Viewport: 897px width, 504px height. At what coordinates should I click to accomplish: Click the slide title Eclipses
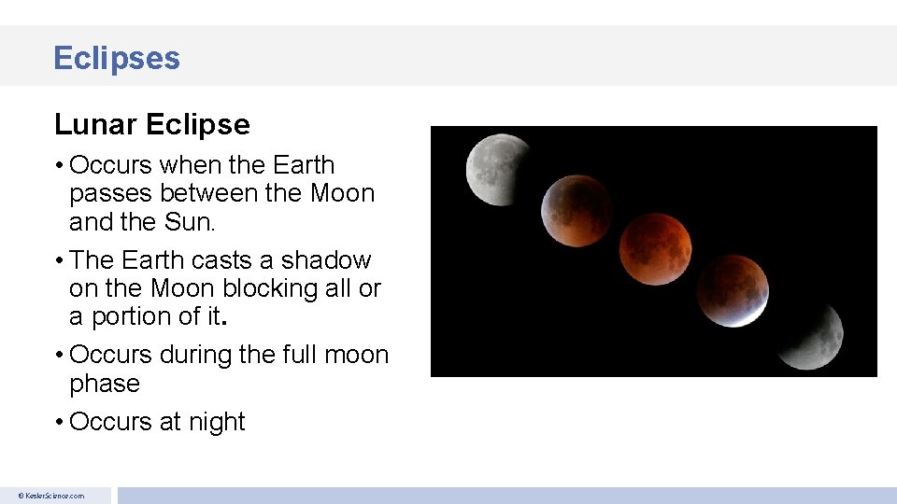[x=117, y=58]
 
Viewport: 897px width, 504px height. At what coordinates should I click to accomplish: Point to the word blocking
[x=270, y=288]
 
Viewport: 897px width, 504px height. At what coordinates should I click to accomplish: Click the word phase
[x=105, y=384]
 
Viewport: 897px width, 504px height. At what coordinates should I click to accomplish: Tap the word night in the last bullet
[x=215, y=422]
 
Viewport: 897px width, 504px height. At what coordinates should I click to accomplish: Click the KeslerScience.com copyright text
[x=53, y=496]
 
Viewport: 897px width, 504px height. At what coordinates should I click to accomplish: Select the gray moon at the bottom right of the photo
[x=809, y=335]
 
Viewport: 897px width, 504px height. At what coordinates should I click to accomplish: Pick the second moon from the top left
[x=577, y=212]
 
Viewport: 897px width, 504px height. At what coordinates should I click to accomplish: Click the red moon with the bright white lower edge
[x=733, y=290]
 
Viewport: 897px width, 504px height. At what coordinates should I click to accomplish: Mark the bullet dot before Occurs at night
[x=59, y=423]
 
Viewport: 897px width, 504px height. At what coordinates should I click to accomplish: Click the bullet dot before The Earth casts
[x=59, y=260]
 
